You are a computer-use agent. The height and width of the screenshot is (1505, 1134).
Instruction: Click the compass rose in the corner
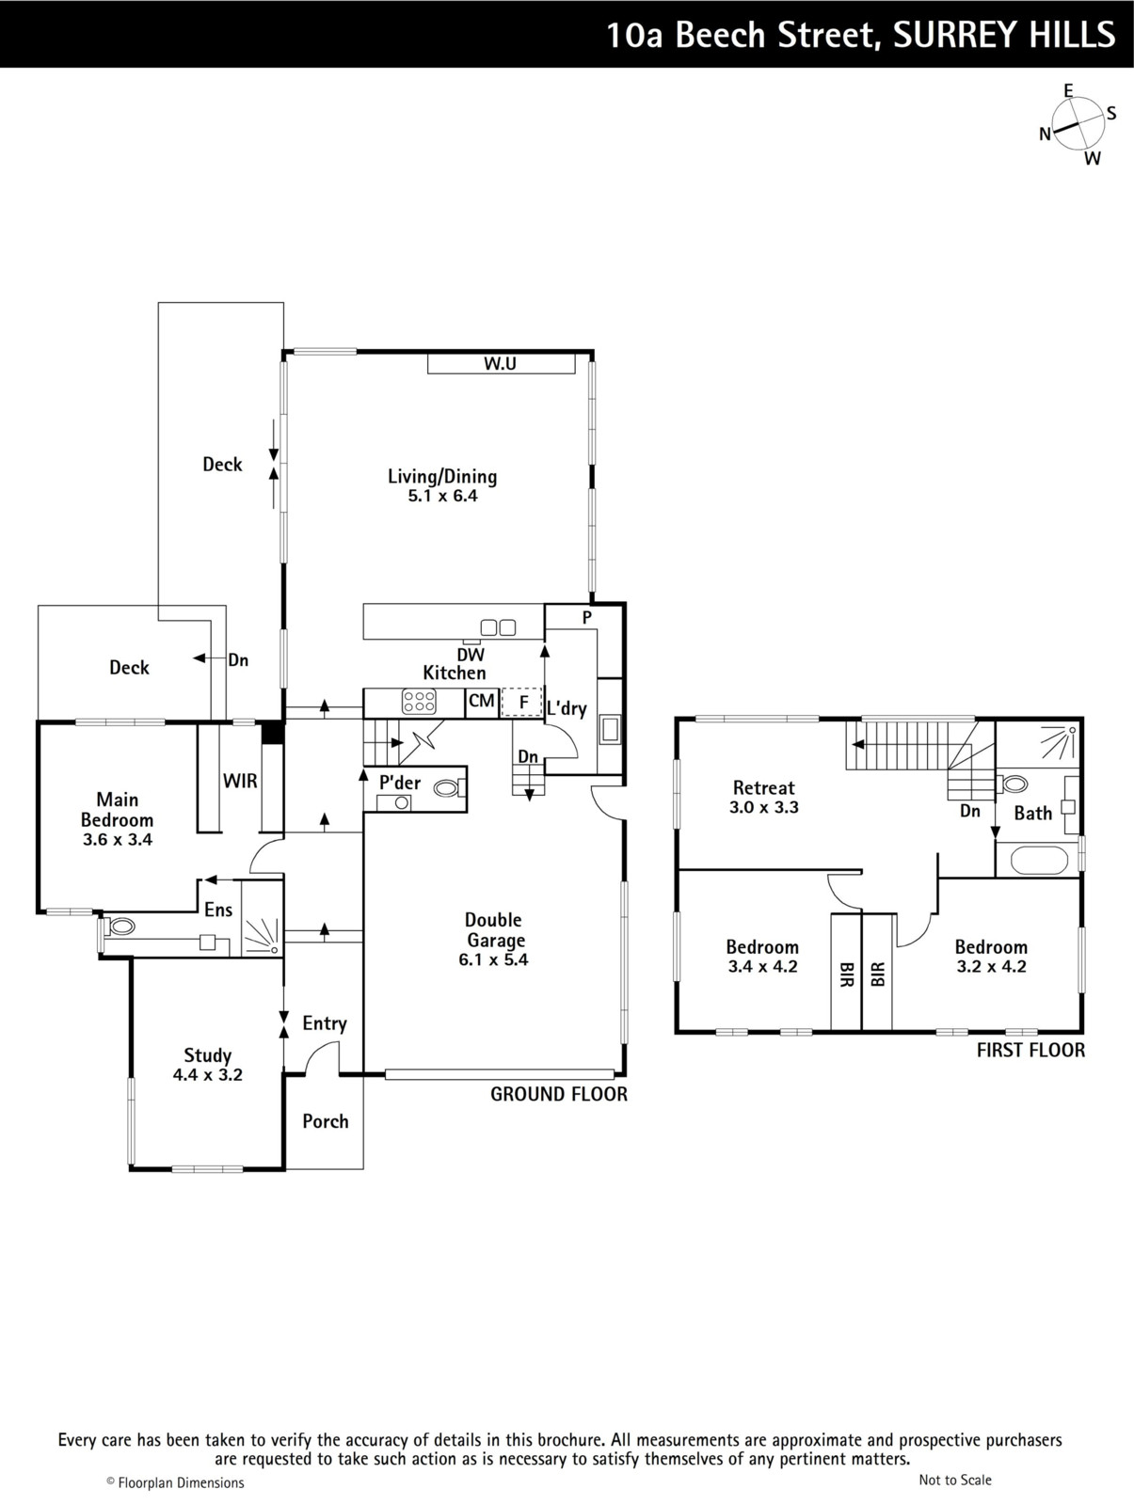(1078, 124)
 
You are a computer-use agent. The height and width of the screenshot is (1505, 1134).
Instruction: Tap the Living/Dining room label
(442, 485)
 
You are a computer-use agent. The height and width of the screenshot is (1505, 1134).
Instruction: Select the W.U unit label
(500, 363)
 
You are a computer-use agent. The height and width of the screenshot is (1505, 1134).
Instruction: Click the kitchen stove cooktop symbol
(419, 702)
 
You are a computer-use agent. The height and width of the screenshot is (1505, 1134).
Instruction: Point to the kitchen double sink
(498, 627)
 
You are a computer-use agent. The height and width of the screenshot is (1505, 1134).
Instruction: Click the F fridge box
(522, 702)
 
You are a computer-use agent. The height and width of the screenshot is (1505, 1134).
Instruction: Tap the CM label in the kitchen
(482, 701)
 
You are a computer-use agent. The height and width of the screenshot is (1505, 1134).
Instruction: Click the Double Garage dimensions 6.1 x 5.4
(493, 960)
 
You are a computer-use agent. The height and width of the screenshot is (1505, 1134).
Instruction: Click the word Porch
(326, 1121)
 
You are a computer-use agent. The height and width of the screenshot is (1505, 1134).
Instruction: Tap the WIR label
(240, 781)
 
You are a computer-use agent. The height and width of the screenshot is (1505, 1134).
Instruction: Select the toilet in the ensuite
(118, 927)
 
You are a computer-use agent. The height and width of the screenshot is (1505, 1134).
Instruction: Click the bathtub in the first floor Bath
(1039, 861)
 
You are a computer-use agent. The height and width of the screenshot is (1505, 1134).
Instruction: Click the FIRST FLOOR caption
(1030, 1051)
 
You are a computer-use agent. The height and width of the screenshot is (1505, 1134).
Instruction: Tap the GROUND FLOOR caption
(558, 1094)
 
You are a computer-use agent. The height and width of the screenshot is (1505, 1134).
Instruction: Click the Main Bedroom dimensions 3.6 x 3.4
(118, 839)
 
